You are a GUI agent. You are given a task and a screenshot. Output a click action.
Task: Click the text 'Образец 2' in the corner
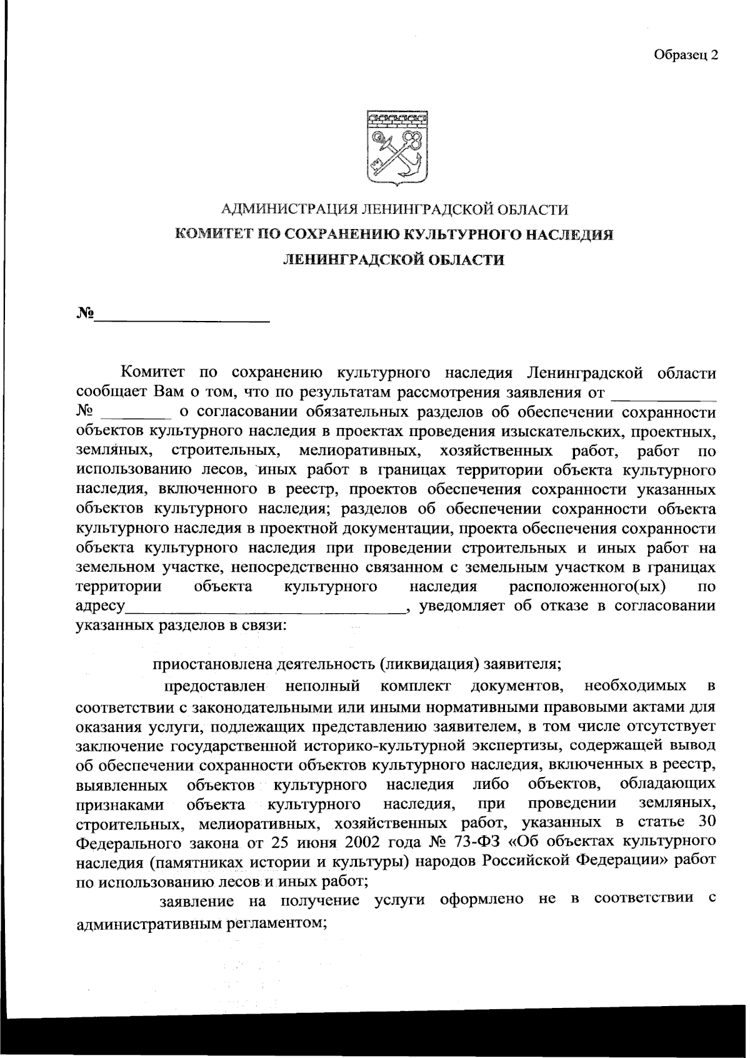686,55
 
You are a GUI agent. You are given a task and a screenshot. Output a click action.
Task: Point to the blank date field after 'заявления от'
663,394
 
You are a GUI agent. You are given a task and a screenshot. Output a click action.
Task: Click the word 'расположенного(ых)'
587,587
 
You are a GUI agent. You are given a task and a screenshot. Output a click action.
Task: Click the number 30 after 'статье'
704,821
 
